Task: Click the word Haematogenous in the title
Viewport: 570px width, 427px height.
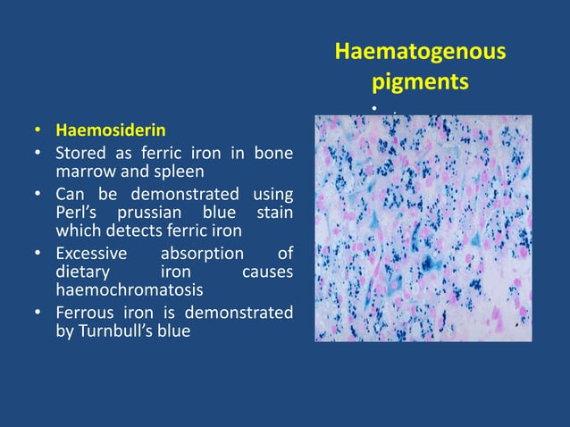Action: click(419, 53)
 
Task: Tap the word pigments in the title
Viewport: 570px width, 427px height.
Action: click(419, 83)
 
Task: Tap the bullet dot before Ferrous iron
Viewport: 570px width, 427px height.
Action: click(38, 314)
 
